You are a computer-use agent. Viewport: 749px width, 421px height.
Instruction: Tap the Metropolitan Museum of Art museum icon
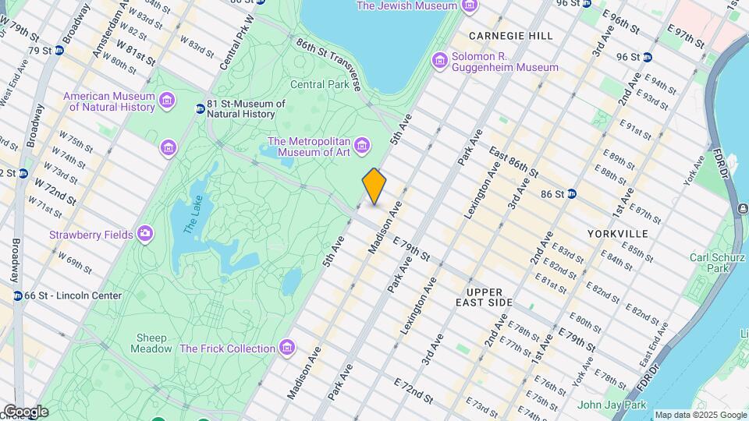pyautogui.click(x=361, y=146)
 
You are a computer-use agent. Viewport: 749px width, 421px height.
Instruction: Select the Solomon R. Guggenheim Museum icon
pyautogui.click(x=440, y=60)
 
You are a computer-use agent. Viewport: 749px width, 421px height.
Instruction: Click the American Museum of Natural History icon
pyautogui.click(x=165, y=101)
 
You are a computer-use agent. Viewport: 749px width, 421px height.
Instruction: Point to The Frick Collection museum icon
pyautogui.click(x=287, y=348)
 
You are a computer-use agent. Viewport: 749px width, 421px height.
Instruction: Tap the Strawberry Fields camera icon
pyautogui.click(x=145, y=234)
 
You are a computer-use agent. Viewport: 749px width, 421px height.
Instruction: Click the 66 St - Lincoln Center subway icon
pyautogui.click(x=17, y=295)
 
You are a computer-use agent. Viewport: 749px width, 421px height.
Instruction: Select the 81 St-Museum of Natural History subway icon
pyautogui.click(x=200, y=108)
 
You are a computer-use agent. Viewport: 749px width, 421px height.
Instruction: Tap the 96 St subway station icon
pyautogui.click(x=647, y=57)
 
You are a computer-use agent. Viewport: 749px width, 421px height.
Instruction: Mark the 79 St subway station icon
pyautogui.click(x=59, y=51)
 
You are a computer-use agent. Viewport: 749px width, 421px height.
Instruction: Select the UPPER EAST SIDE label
pyautogui.click(x=485, y=296)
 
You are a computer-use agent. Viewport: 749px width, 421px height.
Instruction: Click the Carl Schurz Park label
pyautogui.click(x=708, y=263)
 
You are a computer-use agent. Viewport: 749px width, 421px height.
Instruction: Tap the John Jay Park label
pyautogui.click(x=612, y=405)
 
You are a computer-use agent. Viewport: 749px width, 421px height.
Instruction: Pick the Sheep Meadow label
pyautogui.click(x=154, y=343)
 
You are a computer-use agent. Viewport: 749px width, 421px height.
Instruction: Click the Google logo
pyautogui.click(x=25, y=412)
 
